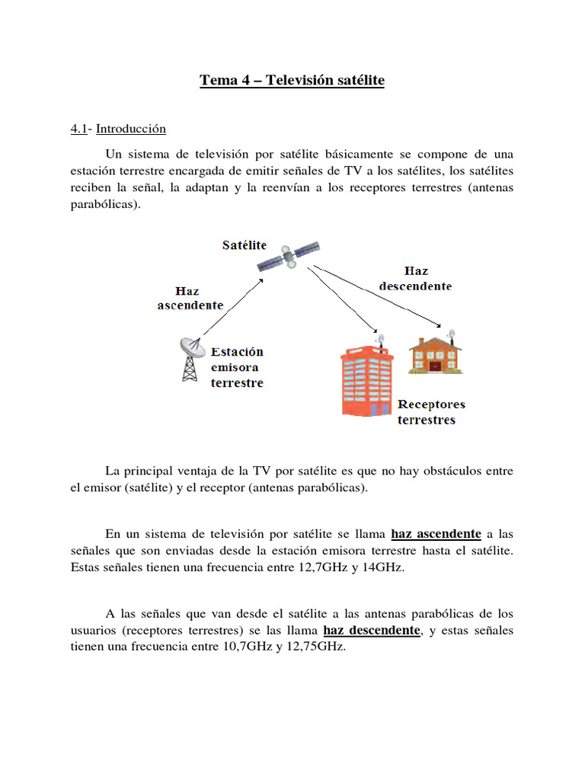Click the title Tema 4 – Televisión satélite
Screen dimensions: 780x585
coord(292,81)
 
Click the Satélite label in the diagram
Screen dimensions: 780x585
coord(244,245)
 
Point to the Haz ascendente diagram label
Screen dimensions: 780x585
coord(190,298)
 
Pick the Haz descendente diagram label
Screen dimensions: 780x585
coord(414,279)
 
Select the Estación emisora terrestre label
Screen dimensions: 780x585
coord(237,367)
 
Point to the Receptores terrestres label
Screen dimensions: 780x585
coord(430,412)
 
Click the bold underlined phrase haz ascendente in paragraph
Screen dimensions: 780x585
coord(436,533)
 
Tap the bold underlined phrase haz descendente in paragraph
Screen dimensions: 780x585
coord(372,631)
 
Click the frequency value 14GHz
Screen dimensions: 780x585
coord(382,567)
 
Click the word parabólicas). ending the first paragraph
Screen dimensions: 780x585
coord(105,205)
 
